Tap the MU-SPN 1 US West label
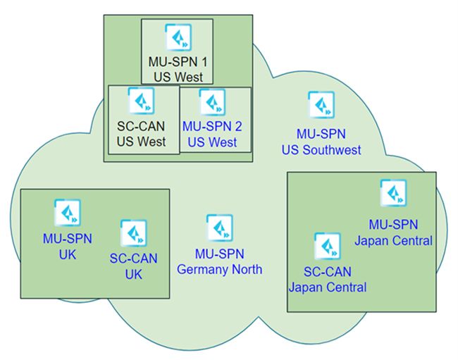(176, 70)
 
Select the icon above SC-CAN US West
(141, 101)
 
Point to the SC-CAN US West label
(142, 134)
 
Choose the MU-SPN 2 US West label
(212, 135)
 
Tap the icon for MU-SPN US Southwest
(321, 105)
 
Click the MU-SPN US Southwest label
(321, 142)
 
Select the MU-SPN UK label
(68, 247)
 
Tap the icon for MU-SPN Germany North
(220, 228)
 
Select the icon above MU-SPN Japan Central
(393, 192)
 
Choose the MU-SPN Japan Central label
(393, 233)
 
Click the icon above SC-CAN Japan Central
(327, 245)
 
